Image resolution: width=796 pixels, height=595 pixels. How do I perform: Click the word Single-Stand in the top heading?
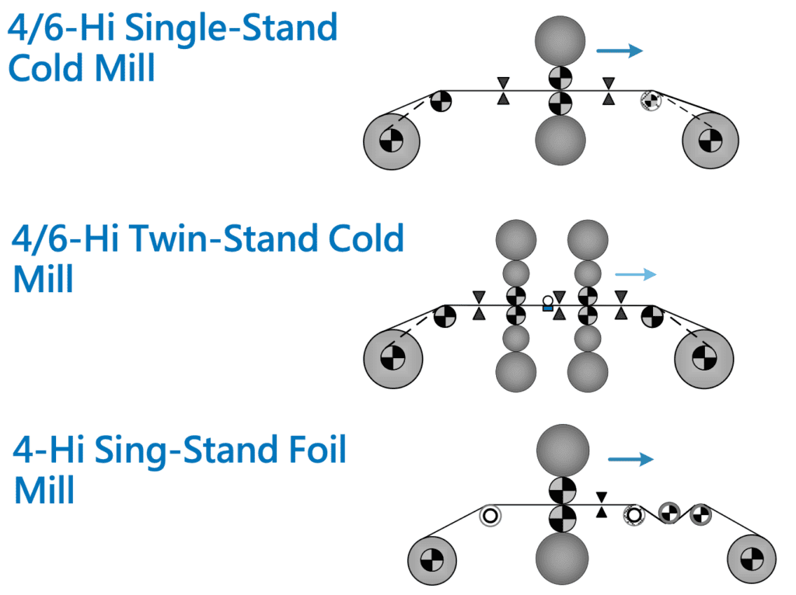click(231, 29)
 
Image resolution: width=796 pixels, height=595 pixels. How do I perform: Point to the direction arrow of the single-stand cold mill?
click(620, 51)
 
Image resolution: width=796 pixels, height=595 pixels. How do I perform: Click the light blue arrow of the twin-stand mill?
click(635, 274)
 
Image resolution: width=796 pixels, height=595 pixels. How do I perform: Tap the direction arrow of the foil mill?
click(630, 460)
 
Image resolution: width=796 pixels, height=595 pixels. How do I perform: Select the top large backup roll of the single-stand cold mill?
click(560, 39)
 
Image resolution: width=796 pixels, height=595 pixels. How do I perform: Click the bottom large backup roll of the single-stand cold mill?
click(560, 141)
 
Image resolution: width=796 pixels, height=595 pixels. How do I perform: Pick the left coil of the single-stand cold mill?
click(392, 141)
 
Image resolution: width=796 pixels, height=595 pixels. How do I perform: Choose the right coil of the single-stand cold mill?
click(710, 141)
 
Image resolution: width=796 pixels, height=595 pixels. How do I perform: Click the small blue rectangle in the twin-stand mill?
click(547, 309)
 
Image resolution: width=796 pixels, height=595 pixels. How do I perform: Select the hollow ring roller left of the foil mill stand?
click(490, 514)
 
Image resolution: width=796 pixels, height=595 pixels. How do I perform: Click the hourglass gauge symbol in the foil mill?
click(601, 504)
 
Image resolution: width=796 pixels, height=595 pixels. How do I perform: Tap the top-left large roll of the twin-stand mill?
click(515, 240)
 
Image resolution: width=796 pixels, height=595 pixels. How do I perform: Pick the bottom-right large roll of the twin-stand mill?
click(588, 372)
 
